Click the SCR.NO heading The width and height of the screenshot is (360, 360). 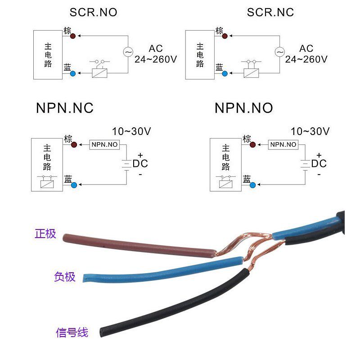click(x=93, y=12)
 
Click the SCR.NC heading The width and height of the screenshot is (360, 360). click(x=270, y=12)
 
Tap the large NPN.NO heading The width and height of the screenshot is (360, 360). click(x=243, y=108)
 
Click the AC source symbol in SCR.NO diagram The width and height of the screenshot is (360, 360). click(x=128, y=52)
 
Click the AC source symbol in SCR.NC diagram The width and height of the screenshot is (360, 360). click(x=280, y=52)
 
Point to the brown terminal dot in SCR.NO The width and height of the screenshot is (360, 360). click(x=73, y=35)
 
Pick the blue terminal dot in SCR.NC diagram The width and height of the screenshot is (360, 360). click(x=225, y=72)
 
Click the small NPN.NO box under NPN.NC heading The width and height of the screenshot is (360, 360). click(x=104, y=145)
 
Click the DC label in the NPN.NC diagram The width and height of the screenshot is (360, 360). click(x=140, y=163)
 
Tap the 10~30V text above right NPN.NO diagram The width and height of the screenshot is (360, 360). click(x=310, y=132)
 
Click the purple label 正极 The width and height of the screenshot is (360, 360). click(x=45, y=234)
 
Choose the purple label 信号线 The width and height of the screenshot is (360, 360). click(x=72, y=333)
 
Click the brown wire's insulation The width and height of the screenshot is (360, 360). click(x=135, y=245)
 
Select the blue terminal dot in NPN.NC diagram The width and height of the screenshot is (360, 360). click(x=73, y=184)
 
